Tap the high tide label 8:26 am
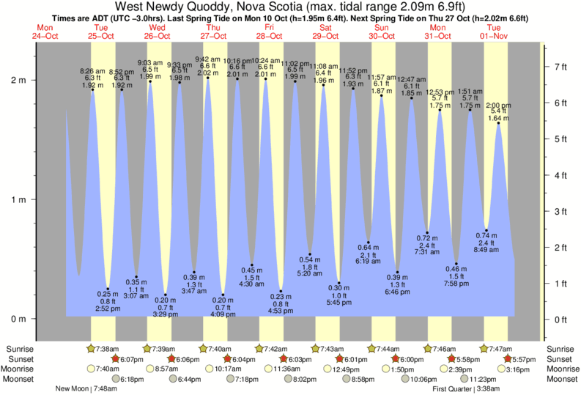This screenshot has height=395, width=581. [92, 71]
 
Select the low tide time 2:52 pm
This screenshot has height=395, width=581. [107, 309]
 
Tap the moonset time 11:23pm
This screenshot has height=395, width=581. [473, 379]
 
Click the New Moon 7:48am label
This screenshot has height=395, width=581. [84, 389]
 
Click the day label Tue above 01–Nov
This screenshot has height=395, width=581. [495, 27]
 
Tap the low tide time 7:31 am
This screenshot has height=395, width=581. [427, 252]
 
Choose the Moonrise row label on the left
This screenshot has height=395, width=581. [18, 369]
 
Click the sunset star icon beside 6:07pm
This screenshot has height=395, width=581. [114, 359]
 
